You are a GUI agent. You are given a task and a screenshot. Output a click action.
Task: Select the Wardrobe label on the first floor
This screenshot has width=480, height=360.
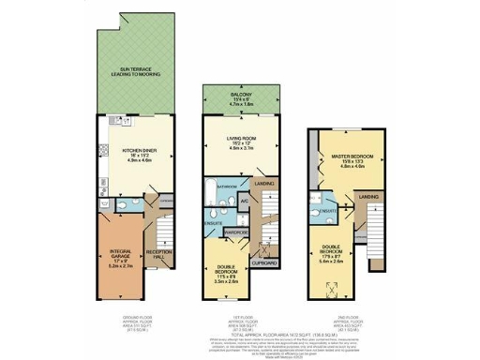236,232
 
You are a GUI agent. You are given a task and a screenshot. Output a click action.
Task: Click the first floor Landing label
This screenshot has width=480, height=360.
265,184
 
